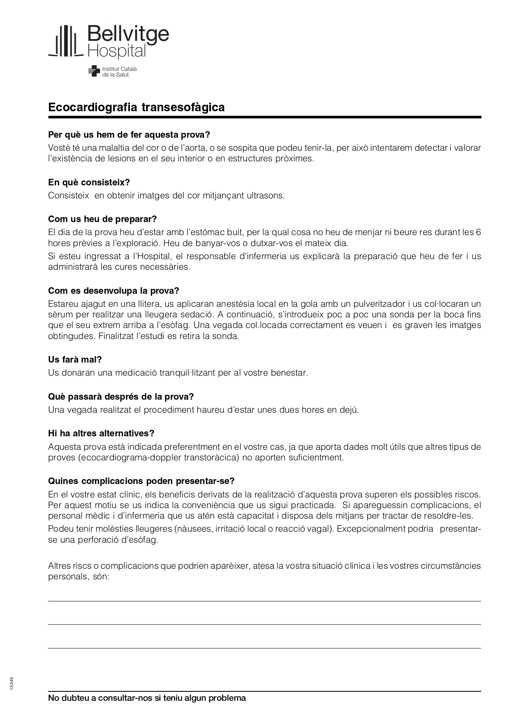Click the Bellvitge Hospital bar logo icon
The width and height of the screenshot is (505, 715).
[x=66, y=41]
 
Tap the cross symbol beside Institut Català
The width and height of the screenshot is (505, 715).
[x=94, y=71]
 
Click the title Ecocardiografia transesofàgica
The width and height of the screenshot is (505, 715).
[x=136, y=108]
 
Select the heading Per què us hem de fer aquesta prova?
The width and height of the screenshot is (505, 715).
[x=129, y=135]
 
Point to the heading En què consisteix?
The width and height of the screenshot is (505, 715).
[x=89, y=183]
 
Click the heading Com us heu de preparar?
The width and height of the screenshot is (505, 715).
[x=102, y=219]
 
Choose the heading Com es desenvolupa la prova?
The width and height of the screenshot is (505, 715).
[x=114, y=291]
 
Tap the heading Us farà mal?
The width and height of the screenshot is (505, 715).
[x=75, y=360]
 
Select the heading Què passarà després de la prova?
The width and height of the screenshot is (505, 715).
[x=121, y=397]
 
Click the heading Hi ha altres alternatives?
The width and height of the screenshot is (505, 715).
[x=101, y=433]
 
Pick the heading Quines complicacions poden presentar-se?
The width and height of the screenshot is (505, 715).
[x=141, y=481]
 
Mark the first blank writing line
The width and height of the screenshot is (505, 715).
[x=264, y=601]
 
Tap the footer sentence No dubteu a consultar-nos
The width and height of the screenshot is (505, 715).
[x=147, y=698]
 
